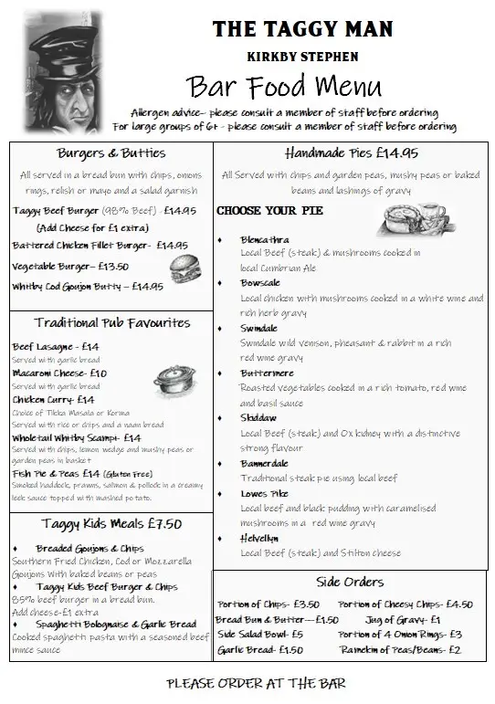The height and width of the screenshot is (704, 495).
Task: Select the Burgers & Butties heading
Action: click(x=111, y=153)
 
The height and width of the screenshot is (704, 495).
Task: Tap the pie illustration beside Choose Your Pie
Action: click(x=411, y=219)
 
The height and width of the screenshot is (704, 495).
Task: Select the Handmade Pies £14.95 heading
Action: click(x=352, y=152)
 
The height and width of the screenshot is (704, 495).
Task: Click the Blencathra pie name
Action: click(x=265, y=239)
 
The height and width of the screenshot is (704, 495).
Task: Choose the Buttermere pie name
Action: click(x=267, y=374)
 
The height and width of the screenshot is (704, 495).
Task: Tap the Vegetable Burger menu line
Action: click(x=70, y=267)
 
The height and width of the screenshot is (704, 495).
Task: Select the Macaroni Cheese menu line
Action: click(x=59, y=373)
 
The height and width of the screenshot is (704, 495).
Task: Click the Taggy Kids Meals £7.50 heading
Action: click(x=111, y=524)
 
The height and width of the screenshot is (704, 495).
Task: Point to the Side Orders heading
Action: click(x=350, y=582)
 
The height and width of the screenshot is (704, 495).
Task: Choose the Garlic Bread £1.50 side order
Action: click(x=260, y=650)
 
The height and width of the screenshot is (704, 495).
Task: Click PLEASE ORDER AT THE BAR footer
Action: click(x=257, y=683)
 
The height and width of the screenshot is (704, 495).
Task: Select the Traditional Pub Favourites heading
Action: click(x=112, y=322)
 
